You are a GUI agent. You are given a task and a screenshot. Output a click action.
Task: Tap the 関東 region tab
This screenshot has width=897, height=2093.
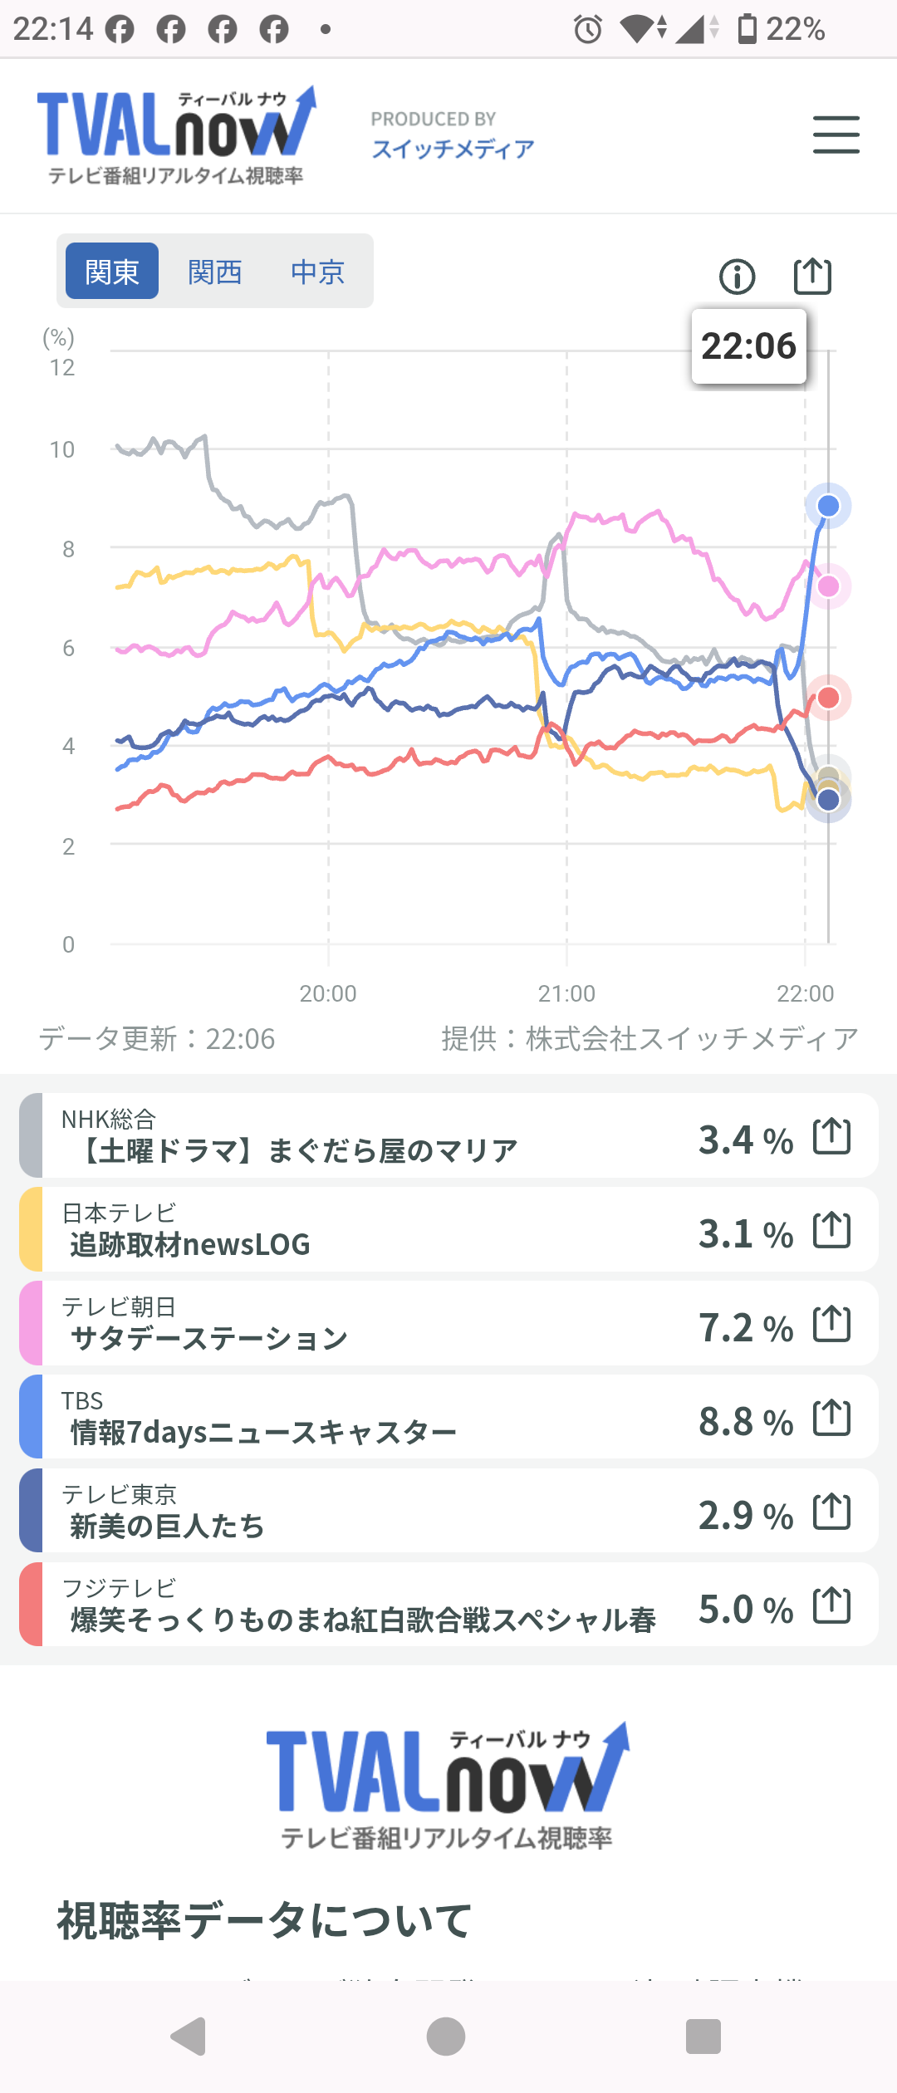point(112,272)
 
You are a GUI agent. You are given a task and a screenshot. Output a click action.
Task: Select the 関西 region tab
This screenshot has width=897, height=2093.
point(215,272)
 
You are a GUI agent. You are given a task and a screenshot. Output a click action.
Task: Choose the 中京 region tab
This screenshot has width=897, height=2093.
point(317,272)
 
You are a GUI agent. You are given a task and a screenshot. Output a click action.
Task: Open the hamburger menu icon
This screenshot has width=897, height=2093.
point(836,135)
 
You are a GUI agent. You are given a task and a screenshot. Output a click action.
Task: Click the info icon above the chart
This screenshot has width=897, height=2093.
point(738,277)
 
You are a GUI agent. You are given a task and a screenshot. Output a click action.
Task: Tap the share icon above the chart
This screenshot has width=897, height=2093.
point(812,276)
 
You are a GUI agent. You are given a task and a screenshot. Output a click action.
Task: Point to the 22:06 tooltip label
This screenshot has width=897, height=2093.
point(748,346)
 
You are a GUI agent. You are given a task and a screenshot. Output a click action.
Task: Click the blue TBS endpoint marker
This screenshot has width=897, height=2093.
point(828,506)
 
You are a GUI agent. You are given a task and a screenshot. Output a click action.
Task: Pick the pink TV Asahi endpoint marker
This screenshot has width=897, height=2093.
point(828,586)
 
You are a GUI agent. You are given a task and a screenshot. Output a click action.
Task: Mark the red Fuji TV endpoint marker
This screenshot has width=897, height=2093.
point(828,698)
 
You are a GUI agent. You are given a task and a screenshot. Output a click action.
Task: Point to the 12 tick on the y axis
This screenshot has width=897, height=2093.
point(62,368)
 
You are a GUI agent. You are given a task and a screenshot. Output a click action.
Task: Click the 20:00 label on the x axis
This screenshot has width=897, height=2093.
point(328,993)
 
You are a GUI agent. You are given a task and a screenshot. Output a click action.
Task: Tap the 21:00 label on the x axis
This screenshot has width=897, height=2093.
point(566,993)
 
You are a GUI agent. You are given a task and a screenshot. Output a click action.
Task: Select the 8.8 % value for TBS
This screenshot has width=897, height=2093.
point(745,1421)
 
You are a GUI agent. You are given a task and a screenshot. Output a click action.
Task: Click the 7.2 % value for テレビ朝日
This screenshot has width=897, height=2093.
point(745,1327)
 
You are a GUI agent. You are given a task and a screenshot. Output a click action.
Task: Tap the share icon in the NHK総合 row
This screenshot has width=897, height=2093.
point(831,1136)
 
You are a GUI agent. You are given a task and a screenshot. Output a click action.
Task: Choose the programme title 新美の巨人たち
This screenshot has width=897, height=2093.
point(167,1526)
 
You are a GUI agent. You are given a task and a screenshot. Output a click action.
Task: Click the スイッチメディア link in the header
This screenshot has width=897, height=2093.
point(453,149)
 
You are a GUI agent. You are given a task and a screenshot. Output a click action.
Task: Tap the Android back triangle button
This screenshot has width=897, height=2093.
point(189,2036)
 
